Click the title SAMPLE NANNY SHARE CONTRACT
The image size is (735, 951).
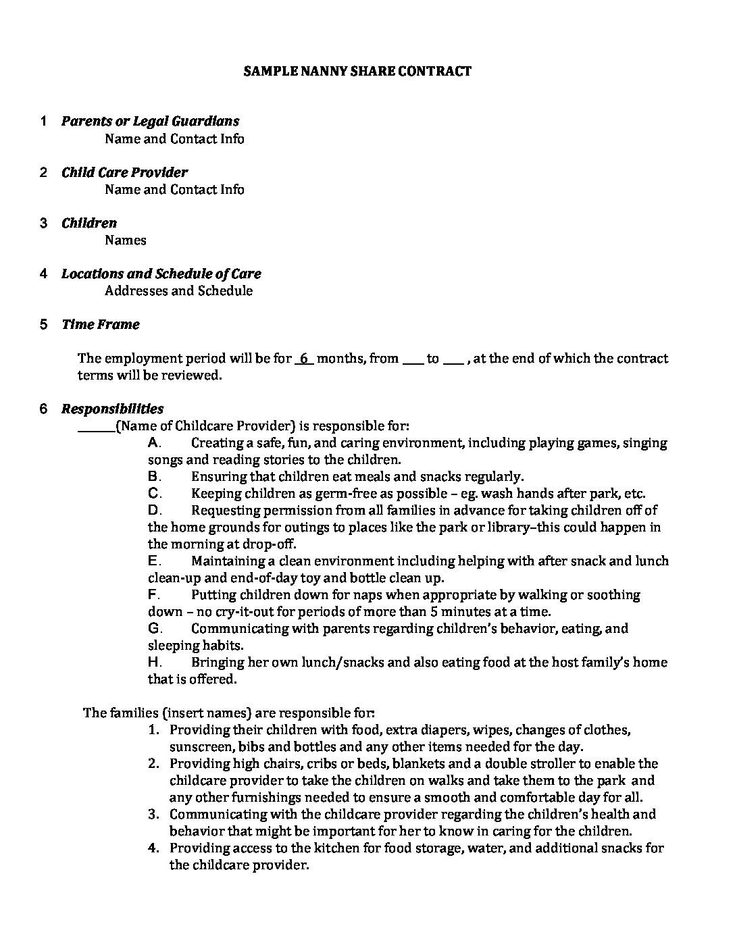point(357,71)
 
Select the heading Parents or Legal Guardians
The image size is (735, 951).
point(150,122)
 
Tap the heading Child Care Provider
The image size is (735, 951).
point(124,172)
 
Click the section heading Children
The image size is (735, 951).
point(89,223)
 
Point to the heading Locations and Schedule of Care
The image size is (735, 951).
point(161,274)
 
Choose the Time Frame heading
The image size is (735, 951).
point(101,324)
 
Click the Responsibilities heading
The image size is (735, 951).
point(112,409)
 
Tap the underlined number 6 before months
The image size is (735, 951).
point(305,359)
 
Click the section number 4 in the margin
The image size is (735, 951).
point(44,274)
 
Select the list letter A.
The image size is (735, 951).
point(153,443)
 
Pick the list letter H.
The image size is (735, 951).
point(153,663)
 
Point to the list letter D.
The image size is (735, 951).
point(153,511)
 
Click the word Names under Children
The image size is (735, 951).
point(126,240)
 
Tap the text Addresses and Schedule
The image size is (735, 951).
point(179,291)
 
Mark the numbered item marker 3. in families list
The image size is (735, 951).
point(154,815)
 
